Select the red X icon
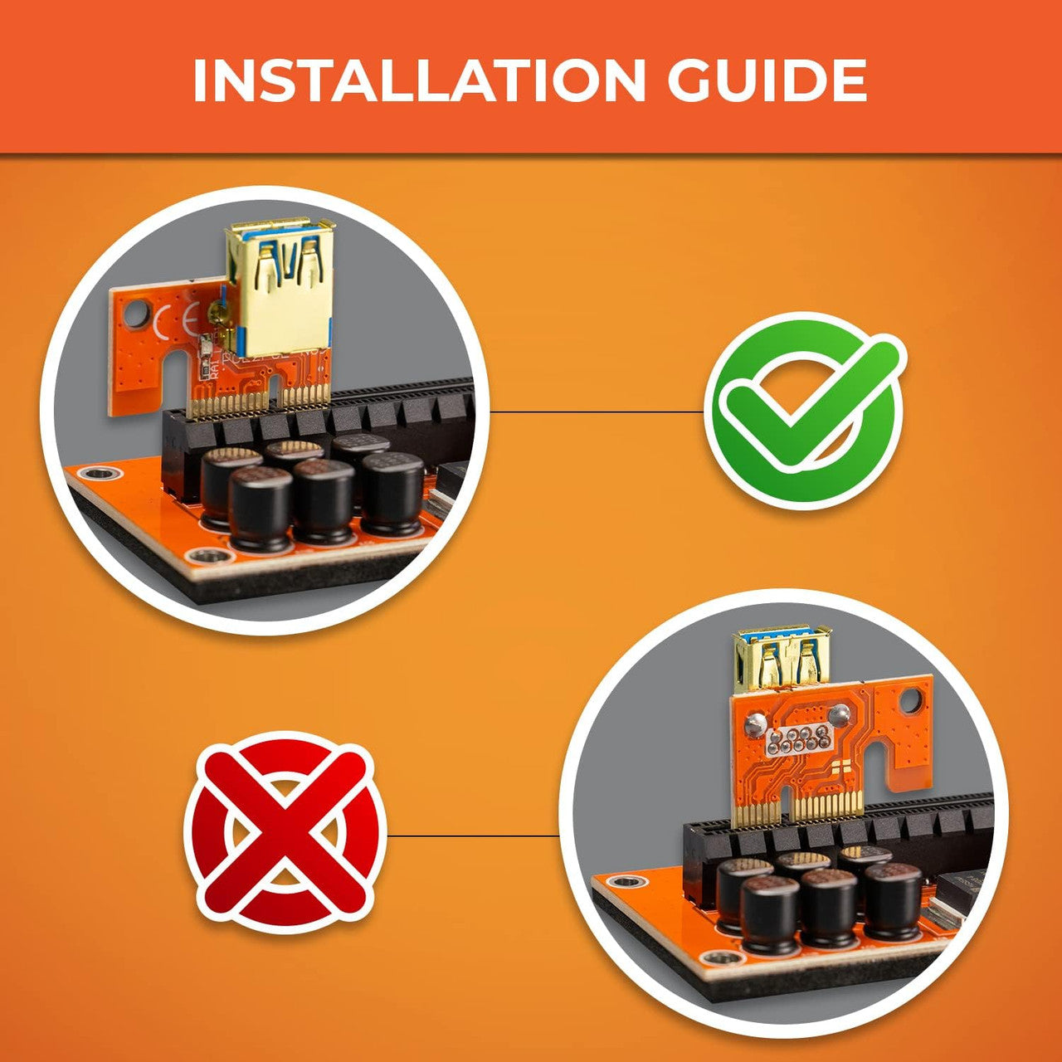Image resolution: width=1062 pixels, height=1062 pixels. [x=285, y=836]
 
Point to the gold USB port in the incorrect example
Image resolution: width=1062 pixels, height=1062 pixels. [x=782, y=661]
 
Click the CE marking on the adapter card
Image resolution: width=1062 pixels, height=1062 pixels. [x=175, y=322]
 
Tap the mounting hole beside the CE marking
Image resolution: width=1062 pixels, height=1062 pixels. [x=134, y=314]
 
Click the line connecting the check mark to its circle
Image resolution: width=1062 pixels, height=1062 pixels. [x=597, y=412]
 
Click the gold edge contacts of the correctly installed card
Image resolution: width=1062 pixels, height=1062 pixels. [x=259, y=403]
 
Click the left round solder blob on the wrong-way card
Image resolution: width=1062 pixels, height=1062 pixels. [x=753, y=726]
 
